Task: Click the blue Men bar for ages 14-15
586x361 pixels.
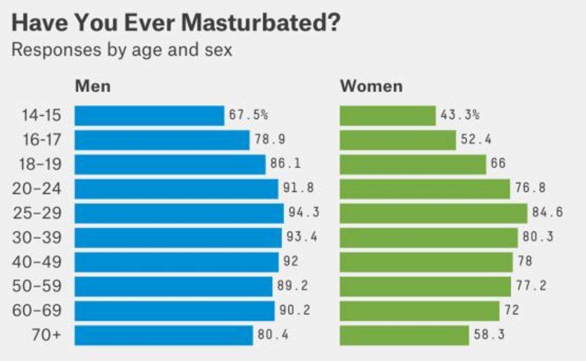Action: coord(149,116)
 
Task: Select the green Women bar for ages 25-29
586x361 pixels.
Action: coord(433,213)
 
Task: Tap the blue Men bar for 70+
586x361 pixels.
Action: coord(164,336)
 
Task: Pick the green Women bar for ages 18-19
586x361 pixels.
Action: coord(413,165)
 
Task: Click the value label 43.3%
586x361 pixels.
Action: coord(460,115)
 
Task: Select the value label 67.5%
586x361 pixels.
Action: coord(249,115)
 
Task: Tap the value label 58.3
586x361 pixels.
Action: coord(489,335)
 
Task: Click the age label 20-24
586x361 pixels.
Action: coord(37,189)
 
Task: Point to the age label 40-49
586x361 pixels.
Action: coord(37,262)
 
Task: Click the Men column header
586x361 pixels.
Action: coord(93,86)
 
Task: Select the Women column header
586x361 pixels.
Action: coord(371,86)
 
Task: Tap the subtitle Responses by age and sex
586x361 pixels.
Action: coord(122,50)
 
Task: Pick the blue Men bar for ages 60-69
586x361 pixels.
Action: coord(174,311)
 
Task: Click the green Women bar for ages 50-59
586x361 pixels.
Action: coord(425,287)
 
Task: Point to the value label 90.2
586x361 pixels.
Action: coord(294,311)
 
